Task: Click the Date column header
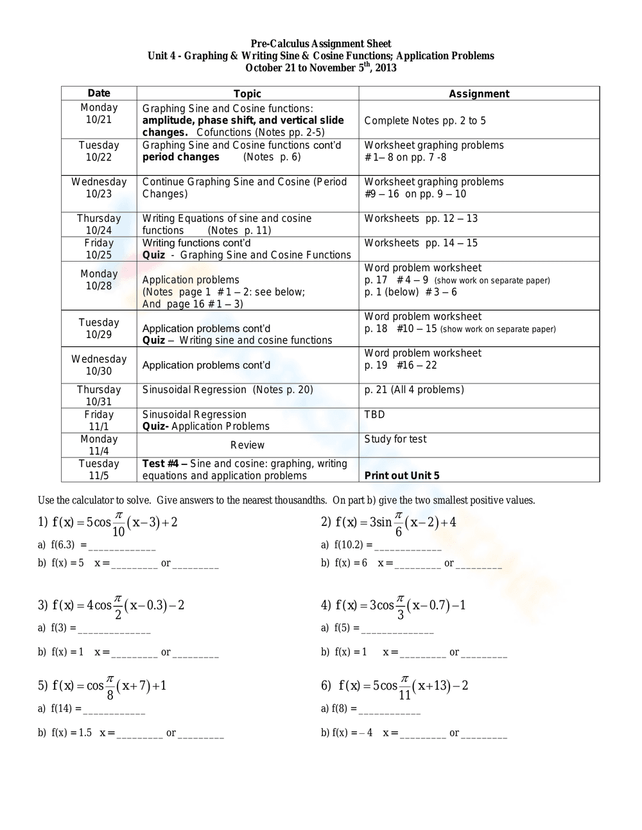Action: point(99,94)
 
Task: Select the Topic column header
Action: point(247,94)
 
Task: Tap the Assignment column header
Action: point(479,94)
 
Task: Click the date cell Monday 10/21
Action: point(99,114)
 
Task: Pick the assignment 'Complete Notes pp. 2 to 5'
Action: point(425,121)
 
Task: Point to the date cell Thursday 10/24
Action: point(99,224)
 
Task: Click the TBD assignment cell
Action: point(374,414)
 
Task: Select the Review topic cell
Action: point(247,445)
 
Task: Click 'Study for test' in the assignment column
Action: point(395,439)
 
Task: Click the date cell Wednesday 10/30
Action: point(99,365)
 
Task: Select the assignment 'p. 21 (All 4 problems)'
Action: point(414,390)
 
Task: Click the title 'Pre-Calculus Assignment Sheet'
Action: point(321,44)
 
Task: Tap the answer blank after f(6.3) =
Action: point(122,546)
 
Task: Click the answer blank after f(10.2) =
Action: point(408,546)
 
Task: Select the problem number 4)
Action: point(325,605)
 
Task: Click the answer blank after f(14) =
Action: point(114,710)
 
